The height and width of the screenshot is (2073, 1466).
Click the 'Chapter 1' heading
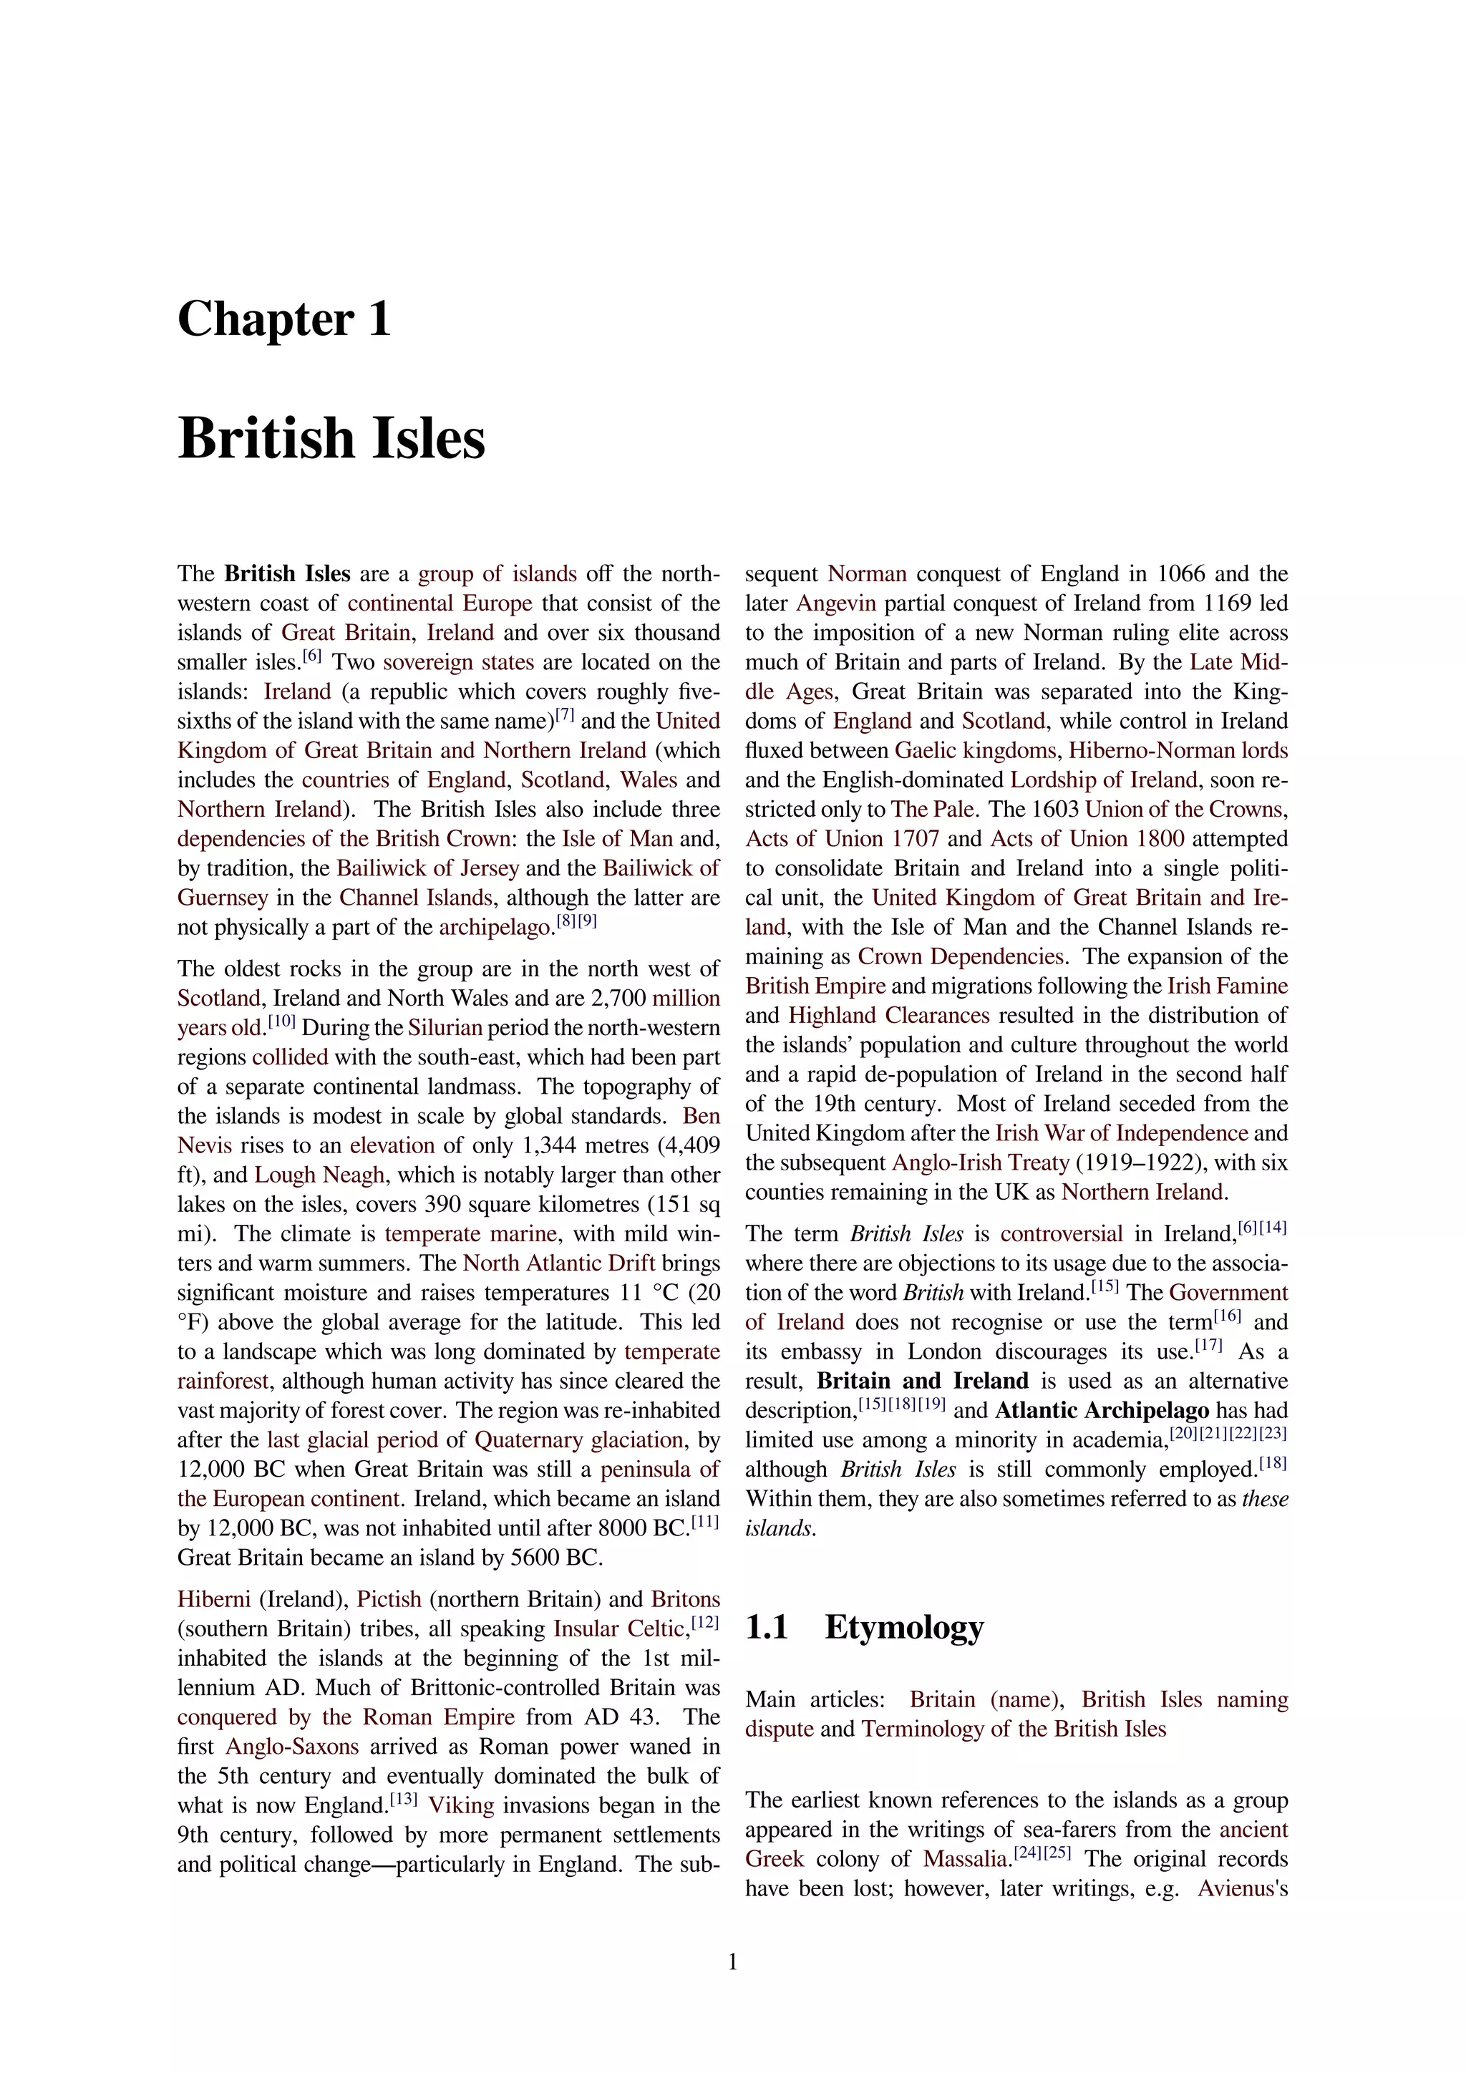click(x=284, y=320)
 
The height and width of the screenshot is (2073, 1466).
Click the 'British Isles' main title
click(x=331, y=439)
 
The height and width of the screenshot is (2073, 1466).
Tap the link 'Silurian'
click(x=445, y=1027)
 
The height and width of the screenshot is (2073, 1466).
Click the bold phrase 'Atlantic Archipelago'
click(x=1102, y=1410)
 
